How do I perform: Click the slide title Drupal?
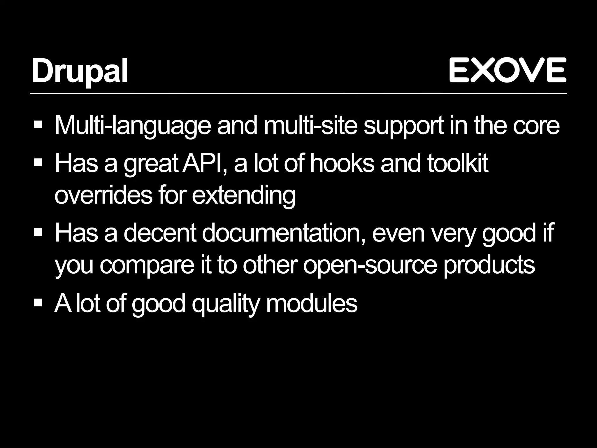point(80,71)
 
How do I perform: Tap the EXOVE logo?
point(508,70)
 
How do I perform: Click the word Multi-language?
point(132,126)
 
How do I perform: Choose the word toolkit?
point(458,164)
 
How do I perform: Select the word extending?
point(243,196)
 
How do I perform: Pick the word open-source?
point(370,265)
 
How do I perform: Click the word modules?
point(312,303)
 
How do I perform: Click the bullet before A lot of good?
point(38,303)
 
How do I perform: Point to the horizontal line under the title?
point(298,94)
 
